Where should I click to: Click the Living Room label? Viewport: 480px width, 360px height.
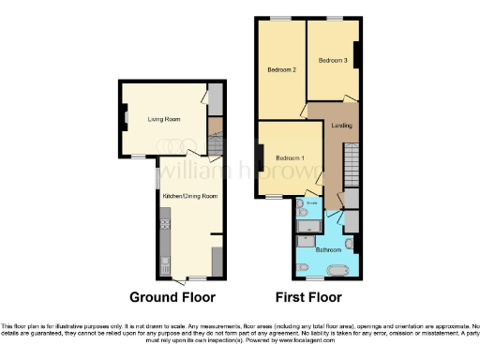pos(162,119)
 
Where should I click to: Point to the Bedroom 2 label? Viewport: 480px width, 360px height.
pos(281,69)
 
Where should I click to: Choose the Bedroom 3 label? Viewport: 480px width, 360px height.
pos(332,61)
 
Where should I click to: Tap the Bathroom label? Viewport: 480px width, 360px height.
pos(327,250)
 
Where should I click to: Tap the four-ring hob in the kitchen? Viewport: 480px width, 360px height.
pos(165,224)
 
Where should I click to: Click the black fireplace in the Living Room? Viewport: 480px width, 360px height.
pos(123,119)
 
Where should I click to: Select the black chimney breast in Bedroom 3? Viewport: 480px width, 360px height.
pos(356,53)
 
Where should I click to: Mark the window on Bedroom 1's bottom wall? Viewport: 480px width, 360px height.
pos(275,197)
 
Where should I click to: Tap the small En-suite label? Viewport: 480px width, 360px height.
pos(311,202)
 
